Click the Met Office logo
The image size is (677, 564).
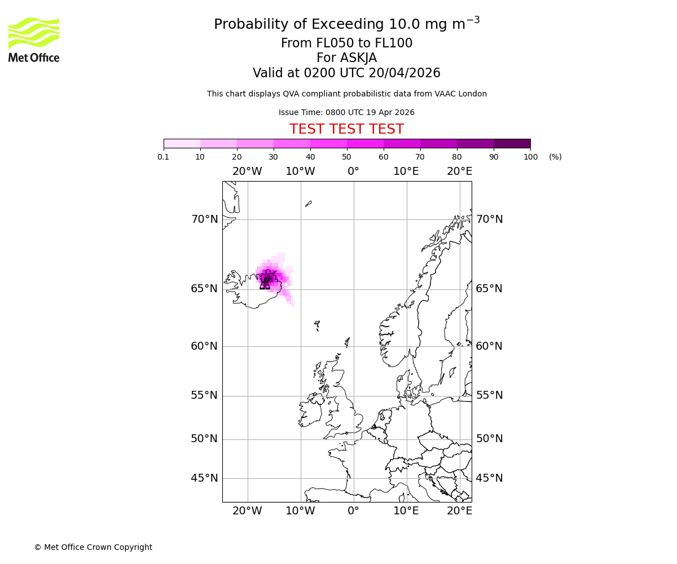point(34,39)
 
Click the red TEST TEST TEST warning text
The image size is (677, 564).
point(346,129)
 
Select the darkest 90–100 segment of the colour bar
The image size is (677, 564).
point(512,143)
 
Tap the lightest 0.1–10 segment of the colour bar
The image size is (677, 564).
point(182,143)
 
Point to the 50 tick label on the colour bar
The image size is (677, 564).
point(346,157)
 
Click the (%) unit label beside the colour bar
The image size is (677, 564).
point(555,157)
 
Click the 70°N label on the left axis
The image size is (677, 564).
point(204,219)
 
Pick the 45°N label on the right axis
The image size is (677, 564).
point(489,478)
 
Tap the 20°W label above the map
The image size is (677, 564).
point(247,171)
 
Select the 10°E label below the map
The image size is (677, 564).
point(406,511)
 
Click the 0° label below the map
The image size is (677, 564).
point(353,511)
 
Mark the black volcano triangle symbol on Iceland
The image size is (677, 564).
point(265,283)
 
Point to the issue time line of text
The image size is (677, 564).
point(346,112)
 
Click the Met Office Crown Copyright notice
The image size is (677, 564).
point(93,547)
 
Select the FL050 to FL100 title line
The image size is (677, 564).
point(346,43)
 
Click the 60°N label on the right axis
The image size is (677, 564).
point(489,346)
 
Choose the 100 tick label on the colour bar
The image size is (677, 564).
point(530,157)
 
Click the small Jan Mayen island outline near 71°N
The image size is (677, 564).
point(308,204)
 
